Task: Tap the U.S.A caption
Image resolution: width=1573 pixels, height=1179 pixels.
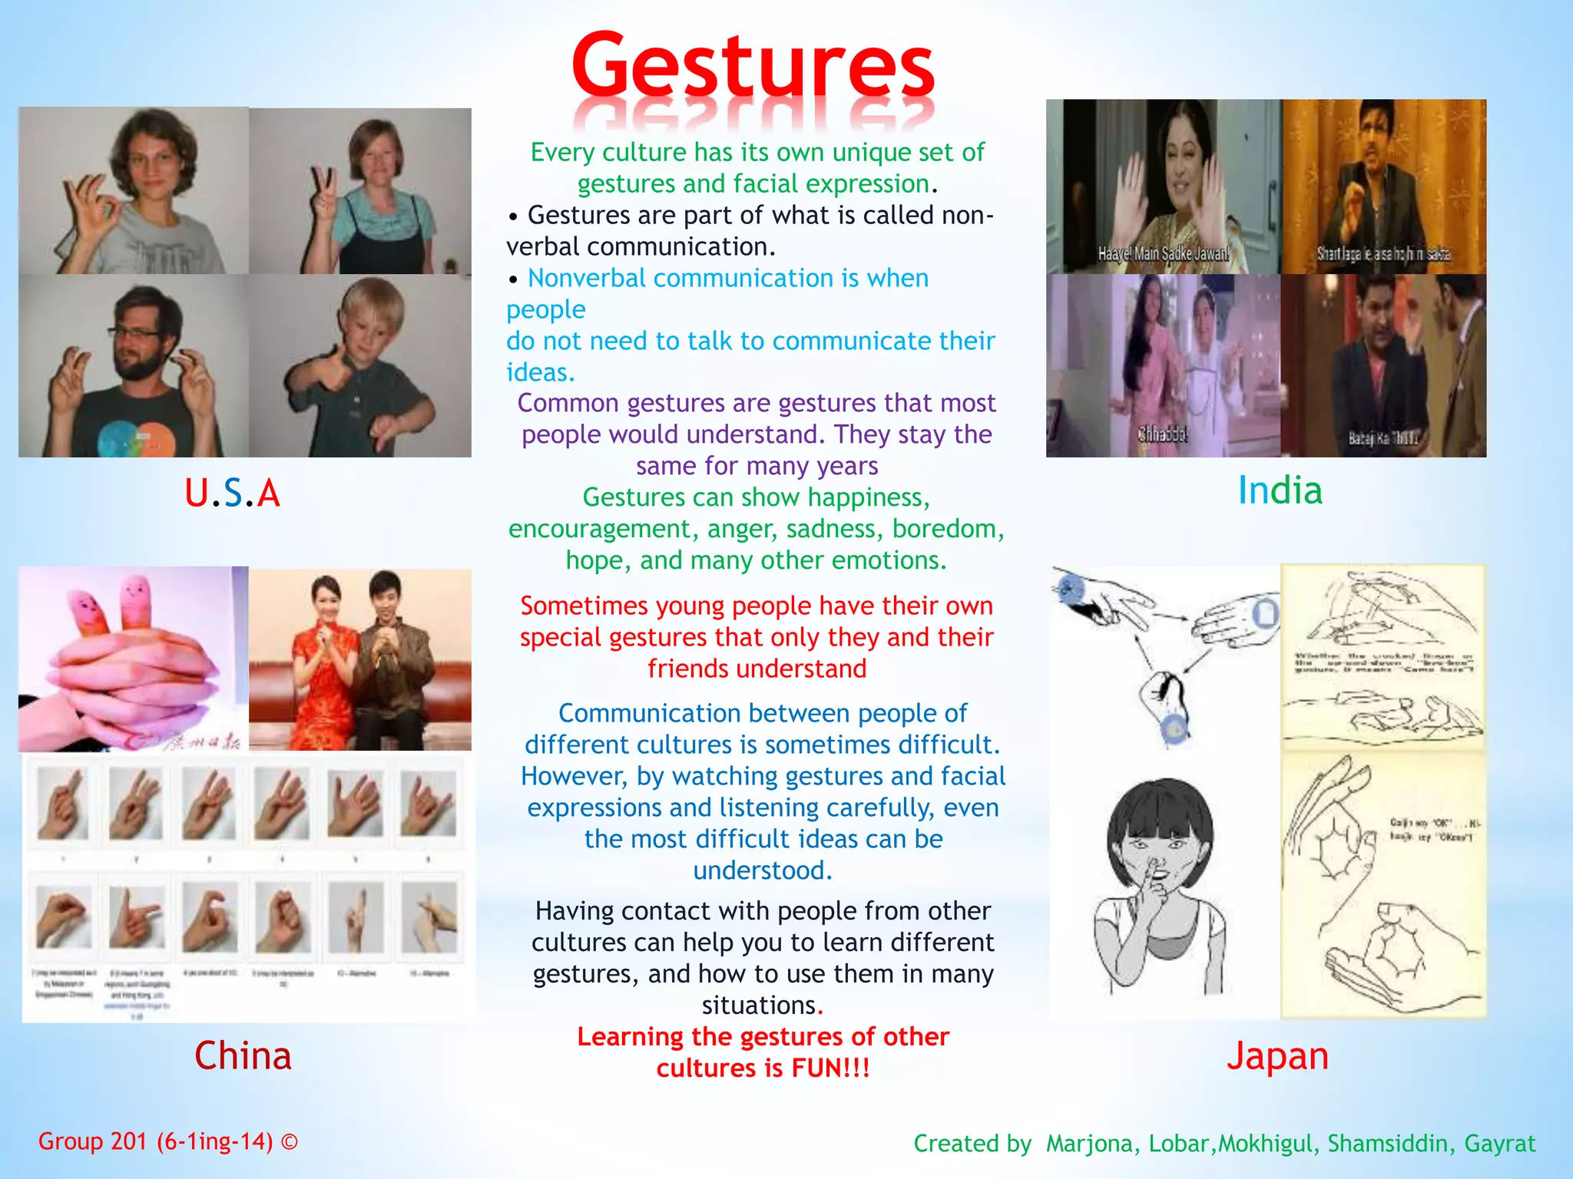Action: pyautogui.click(x=232, y=493)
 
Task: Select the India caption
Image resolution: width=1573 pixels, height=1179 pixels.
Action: pyautogui.click(x=1280, y=490)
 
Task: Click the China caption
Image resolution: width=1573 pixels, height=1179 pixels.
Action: pyautogui.click(x=243, y=1055)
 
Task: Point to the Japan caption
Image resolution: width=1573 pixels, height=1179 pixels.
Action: pyautogui.click(x=1277, y=1055)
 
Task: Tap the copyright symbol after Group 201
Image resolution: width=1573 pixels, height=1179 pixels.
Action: pyautogui.click(x=290, y=1142)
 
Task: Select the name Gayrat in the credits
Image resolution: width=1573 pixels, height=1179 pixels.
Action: pyautogui.click(x=1499, y=1144)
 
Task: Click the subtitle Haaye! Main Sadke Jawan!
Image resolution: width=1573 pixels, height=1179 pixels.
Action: pyautogui.click(x=1163, y=253)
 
